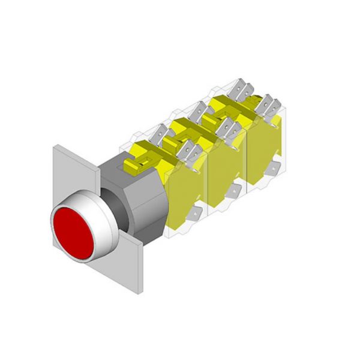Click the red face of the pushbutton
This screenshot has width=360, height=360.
pyautogui.click(x=71, y=231)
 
